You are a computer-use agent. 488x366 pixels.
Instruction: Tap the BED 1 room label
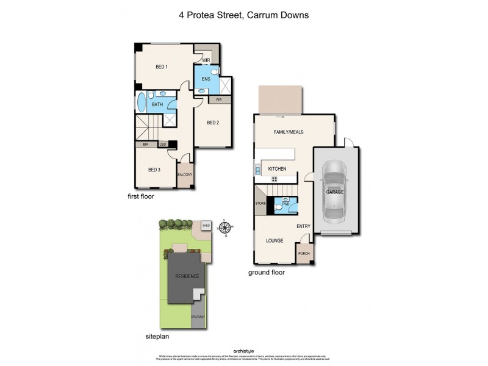point(161,66)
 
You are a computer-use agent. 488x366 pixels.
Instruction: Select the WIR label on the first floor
point(207,60)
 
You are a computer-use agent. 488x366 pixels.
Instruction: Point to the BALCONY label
point(185,175)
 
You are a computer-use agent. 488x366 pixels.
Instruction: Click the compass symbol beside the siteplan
point(226,229)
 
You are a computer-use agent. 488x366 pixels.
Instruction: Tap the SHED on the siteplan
point(206,225)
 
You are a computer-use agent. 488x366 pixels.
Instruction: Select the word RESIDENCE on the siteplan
point(187,276)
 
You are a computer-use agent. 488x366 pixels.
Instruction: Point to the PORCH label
point(304,254)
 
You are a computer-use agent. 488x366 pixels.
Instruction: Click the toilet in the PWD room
point(278,208)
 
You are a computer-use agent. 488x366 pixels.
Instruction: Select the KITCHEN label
point(277,169)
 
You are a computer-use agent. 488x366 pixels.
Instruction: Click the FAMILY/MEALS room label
point(289,132)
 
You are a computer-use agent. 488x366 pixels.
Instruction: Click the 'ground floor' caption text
point(266,273)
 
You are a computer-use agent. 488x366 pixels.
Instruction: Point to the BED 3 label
point(154,170)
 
